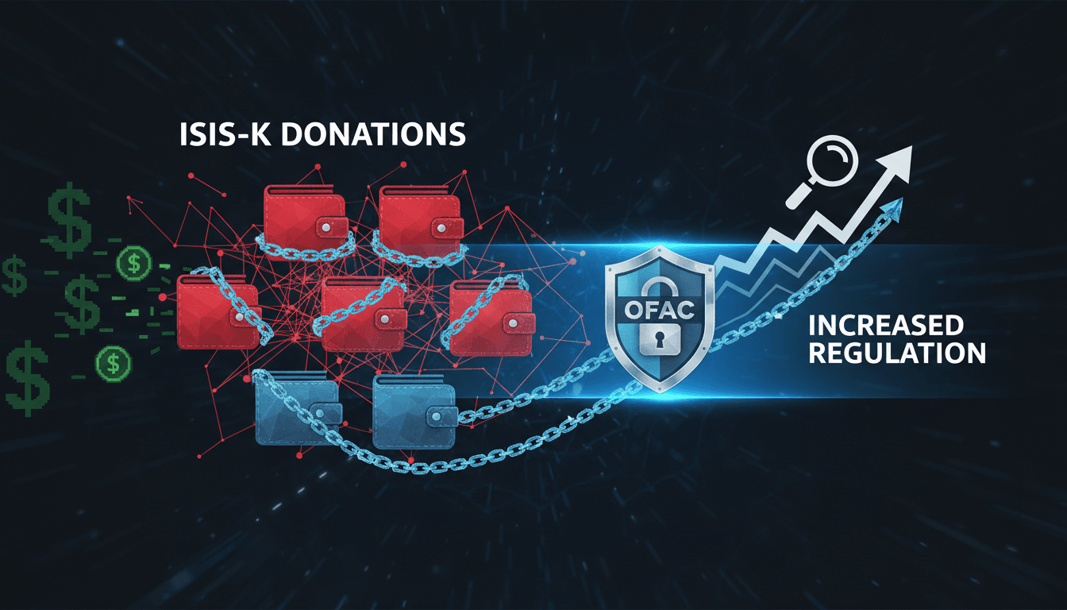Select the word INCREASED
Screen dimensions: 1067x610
point(886,326)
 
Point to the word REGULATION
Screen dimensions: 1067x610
point(897,353)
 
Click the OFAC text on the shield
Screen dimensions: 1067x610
point(659,311)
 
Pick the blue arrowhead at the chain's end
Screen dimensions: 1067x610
point(892,209)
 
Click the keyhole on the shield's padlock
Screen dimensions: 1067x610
point(659,339)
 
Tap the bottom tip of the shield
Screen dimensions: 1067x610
point(661,392)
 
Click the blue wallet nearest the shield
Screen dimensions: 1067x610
point(414,411)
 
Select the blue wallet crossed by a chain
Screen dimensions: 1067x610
point(298,408)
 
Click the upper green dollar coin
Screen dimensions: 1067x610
point(134,263)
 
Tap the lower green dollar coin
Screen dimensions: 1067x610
point(113,364)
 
